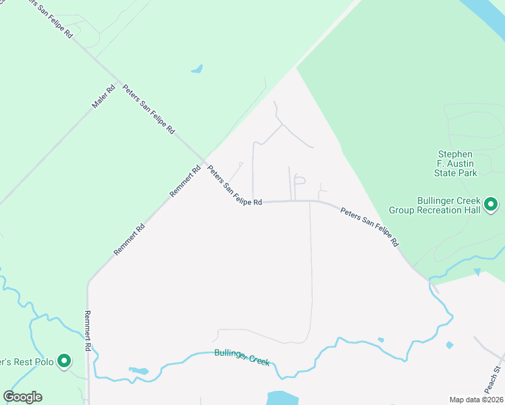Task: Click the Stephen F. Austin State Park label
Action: pos(458,163)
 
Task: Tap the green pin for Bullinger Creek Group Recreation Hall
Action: pos(491,203)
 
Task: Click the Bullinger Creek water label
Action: pos(242,357)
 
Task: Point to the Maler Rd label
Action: pos(103,97)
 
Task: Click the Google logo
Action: pos(22,397)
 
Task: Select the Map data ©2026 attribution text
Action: pos(476,400)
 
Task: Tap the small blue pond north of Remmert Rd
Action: pos(196,69)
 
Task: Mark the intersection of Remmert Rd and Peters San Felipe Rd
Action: pos(203,161)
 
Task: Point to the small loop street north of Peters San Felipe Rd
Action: pos(300,180)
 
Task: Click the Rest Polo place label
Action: pos(27,362)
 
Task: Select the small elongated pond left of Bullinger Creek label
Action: pos(138,371)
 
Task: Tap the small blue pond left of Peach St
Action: pos(450,345)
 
